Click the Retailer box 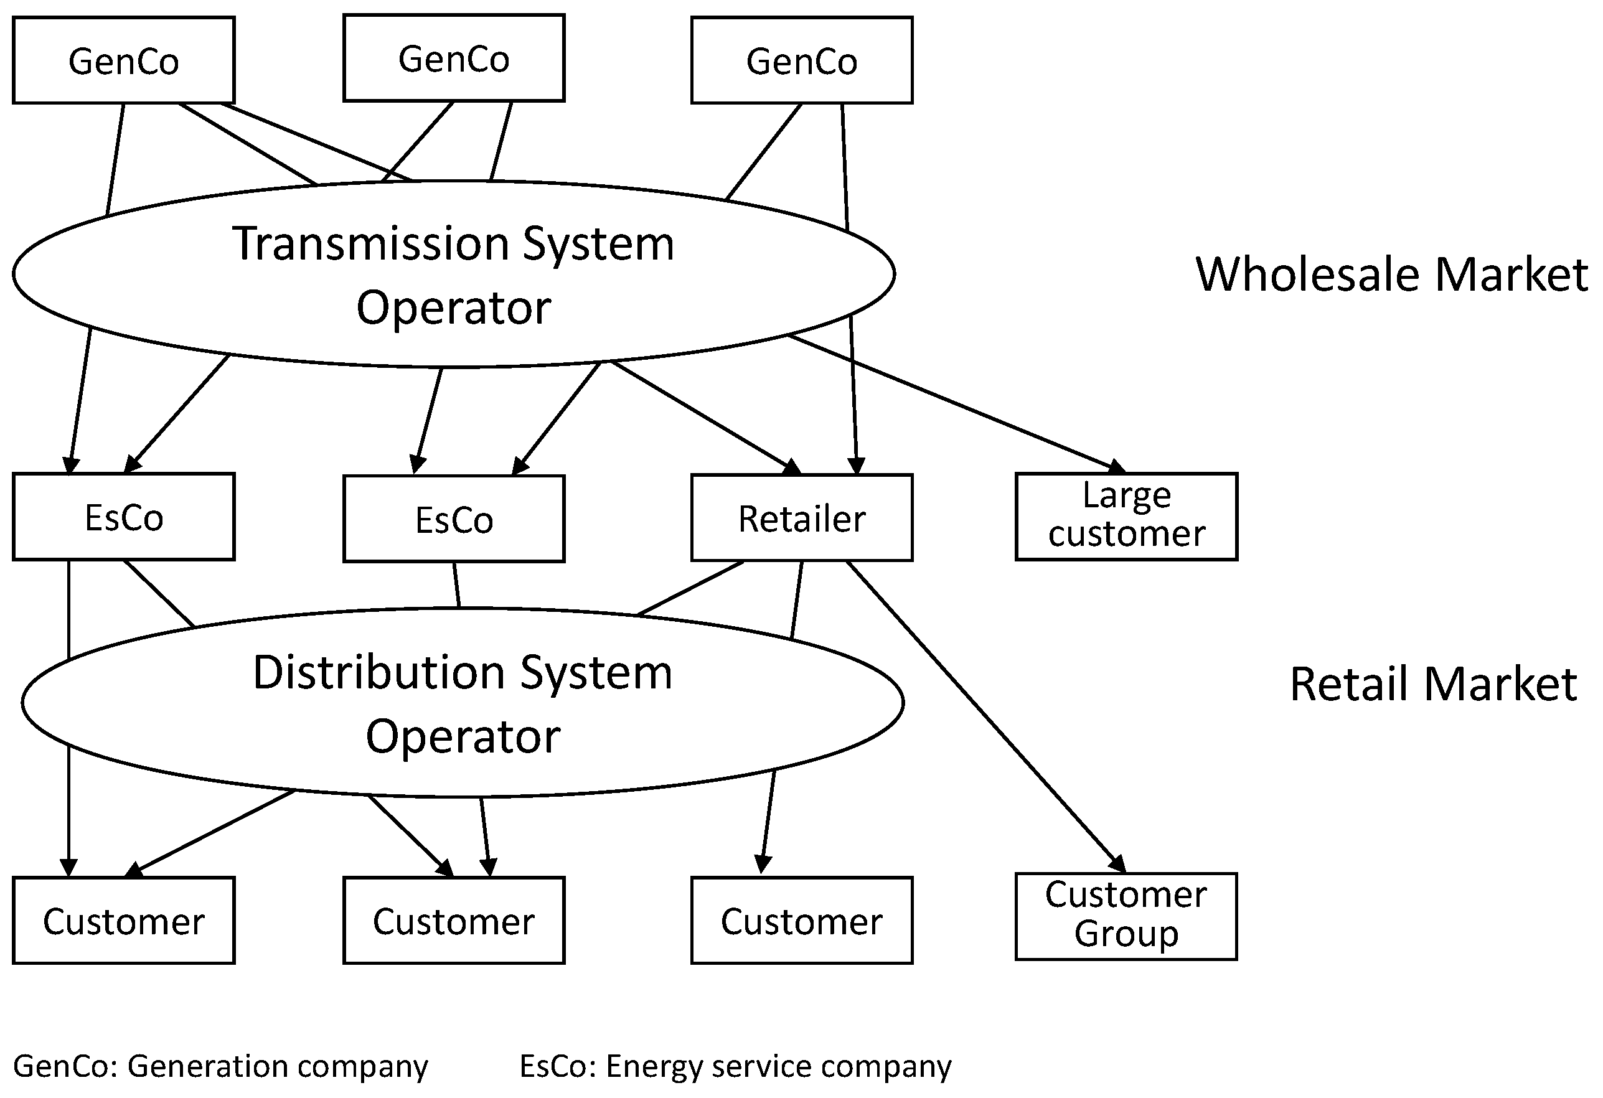click(802, 518)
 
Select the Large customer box click(1126, 516)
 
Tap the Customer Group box click(1126, 916)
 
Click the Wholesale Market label click(1391, 274)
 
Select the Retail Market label click(1432, 684)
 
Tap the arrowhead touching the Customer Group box click(1118, 864)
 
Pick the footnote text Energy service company click(778, 1066)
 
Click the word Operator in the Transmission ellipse click(453, 308)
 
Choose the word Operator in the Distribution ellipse click(462, 737)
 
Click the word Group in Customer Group click(1126, 934)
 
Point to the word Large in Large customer click(1126, 495)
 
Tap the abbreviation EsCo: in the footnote click(557, 1066)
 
